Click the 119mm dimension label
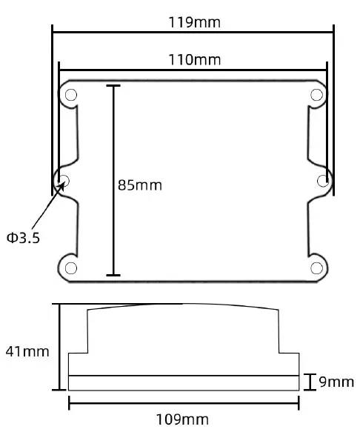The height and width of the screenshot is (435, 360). pyautogui.click(x=195, y=21)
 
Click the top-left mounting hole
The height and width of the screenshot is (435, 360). pyautogui.click(x=71, y=95)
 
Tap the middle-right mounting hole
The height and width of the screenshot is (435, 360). pyautogui.click(x=323, y=180)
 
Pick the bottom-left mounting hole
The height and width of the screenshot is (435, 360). pyautogui.click(x=71, y=267)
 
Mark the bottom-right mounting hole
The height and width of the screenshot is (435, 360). pyautogui.click(x=317, y=267)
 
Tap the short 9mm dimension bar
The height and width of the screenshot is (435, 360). pyautogui.click(x=310, y=382)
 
